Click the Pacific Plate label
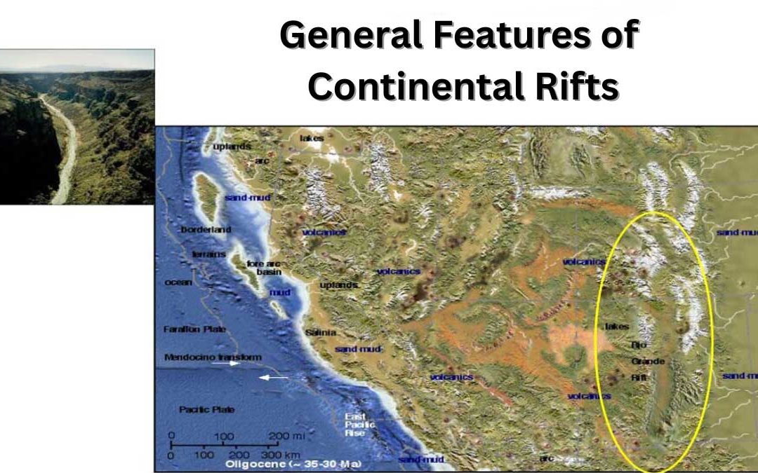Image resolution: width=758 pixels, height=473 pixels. pos(197,409)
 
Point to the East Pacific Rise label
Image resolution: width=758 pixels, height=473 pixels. pos(359,425)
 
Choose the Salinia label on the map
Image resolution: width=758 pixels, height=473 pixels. pos(321,332)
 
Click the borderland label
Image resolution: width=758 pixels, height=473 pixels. pos(206,230)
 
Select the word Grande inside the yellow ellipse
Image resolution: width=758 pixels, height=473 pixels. pos(647,362)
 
